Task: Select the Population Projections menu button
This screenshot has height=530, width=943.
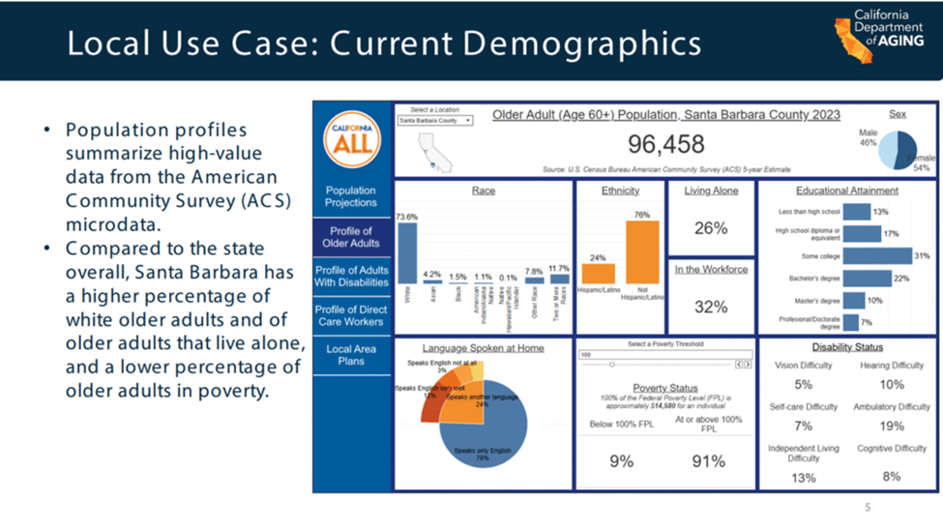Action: (351, 196)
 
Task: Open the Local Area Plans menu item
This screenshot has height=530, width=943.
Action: (351, 355)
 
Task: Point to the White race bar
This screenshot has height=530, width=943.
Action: (407, 253)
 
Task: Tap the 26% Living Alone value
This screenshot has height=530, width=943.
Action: (711, 228)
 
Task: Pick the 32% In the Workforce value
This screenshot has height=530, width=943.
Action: (711, 307)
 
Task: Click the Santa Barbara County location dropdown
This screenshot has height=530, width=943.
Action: (434, 121)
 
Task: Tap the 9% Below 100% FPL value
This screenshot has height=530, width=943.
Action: (621, 461)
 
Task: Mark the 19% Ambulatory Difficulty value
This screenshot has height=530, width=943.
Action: (891, 426)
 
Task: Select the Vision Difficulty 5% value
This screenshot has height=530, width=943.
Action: (803, 384)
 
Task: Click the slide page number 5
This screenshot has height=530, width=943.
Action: (868, 508)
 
